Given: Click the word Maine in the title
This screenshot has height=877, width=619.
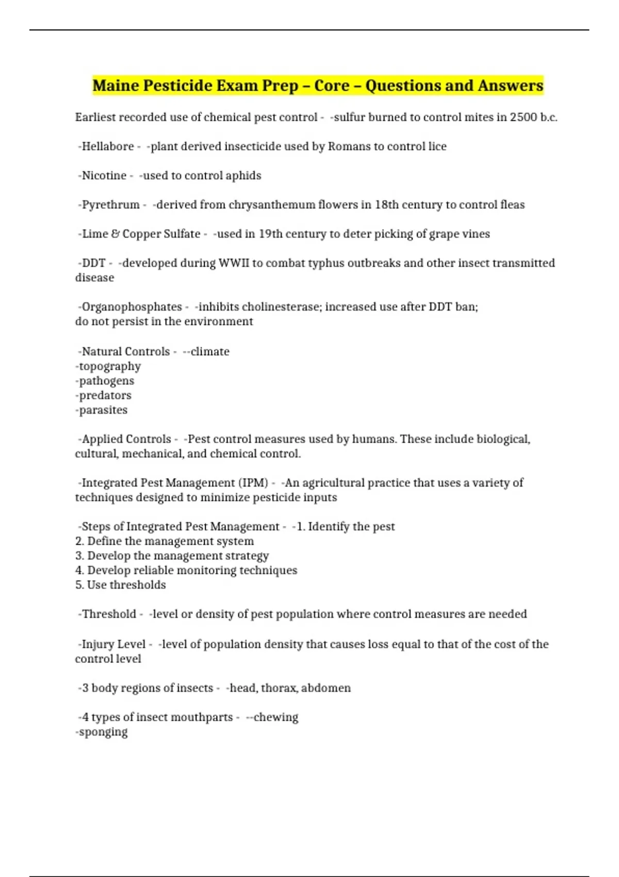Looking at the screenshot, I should [x=115, y=86].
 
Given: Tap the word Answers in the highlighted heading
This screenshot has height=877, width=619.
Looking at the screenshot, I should [x=510, y=86].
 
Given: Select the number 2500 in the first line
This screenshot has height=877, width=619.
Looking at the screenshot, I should [x=523, y=118].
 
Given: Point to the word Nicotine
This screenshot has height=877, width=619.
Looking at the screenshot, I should [x=104, y=176].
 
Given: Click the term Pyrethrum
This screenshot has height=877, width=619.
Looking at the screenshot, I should [x=110, y=205].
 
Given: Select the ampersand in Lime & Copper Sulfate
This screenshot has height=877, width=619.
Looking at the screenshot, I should [x=115, y=234].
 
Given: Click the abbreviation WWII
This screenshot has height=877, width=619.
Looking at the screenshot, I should [x=234, y=263].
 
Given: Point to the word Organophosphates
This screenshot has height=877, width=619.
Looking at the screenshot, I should [x=132, y=307].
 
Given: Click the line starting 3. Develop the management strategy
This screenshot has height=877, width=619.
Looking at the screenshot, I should [x=172, y=556].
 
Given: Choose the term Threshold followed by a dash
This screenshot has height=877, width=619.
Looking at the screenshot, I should [x=109, y=614].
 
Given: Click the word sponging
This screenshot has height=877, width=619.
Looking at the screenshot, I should [x=103, y=732].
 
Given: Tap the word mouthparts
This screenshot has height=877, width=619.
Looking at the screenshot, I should [x=202, y=718].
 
